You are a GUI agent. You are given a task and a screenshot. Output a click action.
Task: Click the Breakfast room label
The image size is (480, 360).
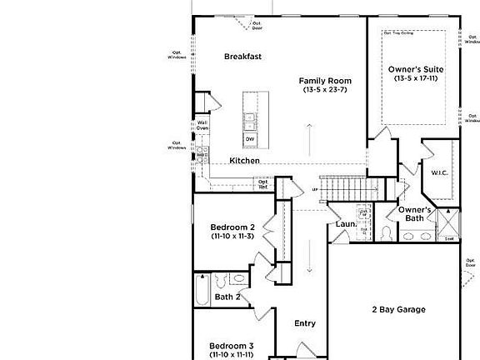coord(243,57)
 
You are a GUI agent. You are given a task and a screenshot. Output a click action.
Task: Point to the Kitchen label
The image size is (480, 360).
coord(245,160)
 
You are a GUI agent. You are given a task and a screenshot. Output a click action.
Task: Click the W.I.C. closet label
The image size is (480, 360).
coord(440,173)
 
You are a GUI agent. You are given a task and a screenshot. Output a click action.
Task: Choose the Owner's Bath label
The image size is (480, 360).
coord(414,213)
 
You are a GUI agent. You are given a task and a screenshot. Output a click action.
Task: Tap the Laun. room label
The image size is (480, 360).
coord(346,224)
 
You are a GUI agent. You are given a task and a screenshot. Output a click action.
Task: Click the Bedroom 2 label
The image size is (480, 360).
coord(232,227)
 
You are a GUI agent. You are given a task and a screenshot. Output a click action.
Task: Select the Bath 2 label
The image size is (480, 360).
coord(227,297)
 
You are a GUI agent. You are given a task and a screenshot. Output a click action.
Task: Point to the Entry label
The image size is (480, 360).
coord(306,323)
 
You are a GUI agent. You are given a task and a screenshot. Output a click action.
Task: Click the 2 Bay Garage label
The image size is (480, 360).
coord(398,309)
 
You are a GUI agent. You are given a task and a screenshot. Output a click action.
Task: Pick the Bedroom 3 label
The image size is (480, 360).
coord(232,346)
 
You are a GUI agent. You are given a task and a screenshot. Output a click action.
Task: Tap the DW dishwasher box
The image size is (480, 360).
coord(250,138)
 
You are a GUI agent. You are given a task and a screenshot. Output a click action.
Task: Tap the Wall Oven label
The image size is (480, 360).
coord(202,126)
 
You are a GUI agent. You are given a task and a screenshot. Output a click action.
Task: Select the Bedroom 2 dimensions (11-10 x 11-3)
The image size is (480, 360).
coord(232,237)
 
